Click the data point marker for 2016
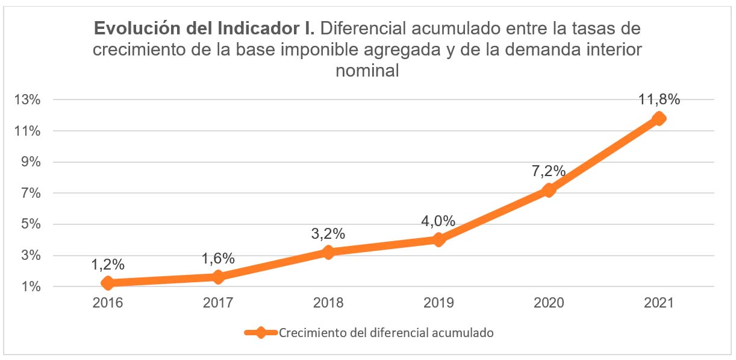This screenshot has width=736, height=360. click(108, 283)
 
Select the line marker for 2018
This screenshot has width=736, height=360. click(328, 252)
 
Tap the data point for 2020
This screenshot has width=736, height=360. click(548, 190)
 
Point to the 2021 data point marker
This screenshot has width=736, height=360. click(659, 118)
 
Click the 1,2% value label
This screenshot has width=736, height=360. click(108, 264)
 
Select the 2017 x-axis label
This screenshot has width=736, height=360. click(218, 303)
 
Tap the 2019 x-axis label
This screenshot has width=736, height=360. click(438, 303)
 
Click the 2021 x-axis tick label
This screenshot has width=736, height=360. click(659, 303)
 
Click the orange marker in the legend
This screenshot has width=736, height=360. click(260, 333)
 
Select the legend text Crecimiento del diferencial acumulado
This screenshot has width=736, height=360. click(386, 333)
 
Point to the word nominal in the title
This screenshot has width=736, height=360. click(367, 71)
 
